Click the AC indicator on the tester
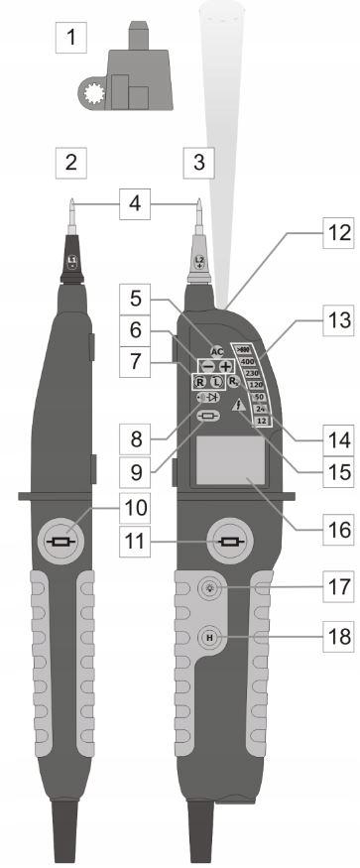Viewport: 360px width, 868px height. pyautogui.click(x=218, y=351)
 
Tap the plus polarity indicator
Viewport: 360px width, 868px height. pyautogui.click(x=226, y=366)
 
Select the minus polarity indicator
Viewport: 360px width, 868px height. pyautogui.click(x=206, y=366)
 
